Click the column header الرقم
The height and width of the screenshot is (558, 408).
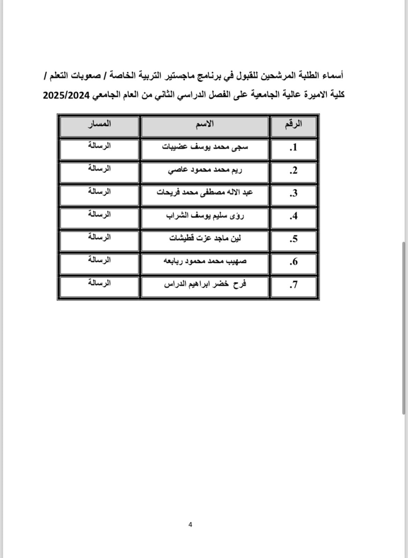[x=293, y=124]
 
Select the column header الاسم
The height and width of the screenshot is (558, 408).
[x=205, y=124]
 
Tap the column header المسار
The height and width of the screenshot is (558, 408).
[x=100, y=124]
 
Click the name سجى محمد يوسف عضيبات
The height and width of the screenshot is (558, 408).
[x=205, y=147]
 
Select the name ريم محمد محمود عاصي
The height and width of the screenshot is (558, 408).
[x=205, y=170]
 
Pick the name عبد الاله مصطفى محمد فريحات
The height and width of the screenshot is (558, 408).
[x=205, y=193]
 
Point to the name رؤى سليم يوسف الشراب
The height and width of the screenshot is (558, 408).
[x=205, y=216]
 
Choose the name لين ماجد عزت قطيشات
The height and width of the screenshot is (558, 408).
[x=205, y=238]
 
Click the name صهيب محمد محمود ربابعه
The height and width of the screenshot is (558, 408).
[x=205, y=261]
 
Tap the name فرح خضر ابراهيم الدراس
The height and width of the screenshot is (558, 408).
[x=205, y=284]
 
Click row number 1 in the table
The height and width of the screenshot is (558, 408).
[x=293, y=148]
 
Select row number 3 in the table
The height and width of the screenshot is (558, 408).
[x=293, y=193]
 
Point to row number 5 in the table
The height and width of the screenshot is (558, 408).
[x=293, y=239]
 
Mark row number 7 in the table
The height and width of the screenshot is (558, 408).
[x=293, y=285]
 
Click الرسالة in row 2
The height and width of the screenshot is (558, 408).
[x=100, y=168]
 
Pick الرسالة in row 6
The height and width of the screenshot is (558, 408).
[x=100, y=260]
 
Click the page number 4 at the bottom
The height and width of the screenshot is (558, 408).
[x=190, y=525]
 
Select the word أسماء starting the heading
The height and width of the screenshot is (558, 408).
[x=334, y=76]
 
